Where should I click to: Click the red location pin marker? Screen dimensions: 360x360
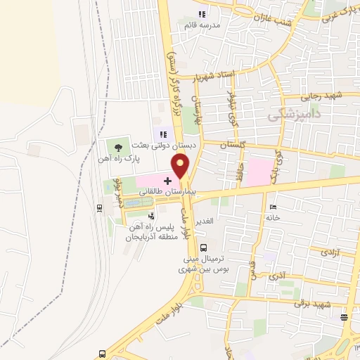click(181, 167)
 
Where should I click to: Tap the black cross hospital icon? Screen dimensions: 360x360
click(167, 181)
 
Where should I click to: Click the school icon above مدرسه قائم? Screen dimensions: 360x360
click(202, 13)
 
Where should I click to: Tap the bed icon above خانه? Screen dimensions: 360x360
click(274, 207)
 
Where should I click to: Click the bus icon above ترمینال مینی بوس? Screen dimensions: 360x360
click(203, 247)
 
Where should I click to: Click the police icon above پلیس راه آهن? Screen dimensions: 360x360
click(150, 216)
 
